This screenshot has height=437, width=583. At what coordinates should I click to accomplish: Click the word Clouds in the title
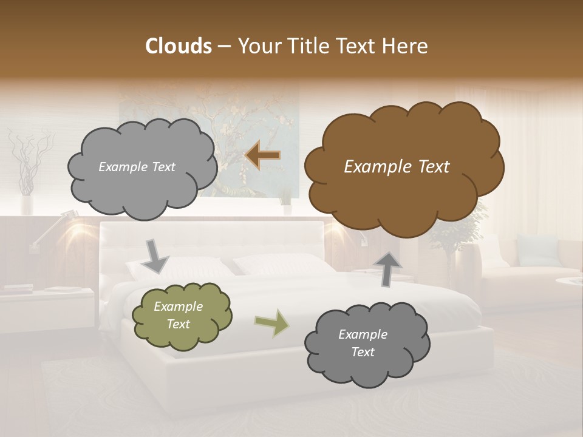(178, 46)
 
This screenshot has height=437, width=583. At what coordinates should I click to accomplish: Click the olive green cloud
(182, 316)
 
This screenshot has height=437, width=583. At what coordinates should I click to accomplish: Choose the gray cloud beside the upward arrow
(366, 344)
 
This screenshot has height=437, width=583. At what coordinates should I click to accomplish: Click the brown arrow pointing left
(262, 155)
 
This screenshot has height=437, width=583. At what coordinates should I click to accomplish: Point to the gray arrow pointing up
(388, 268)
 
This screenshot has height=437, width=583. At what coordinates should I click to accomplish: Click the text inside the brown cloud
(397, 167)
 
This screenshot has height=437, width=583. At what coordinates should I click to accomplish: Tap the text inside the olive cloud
(179, 316)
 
